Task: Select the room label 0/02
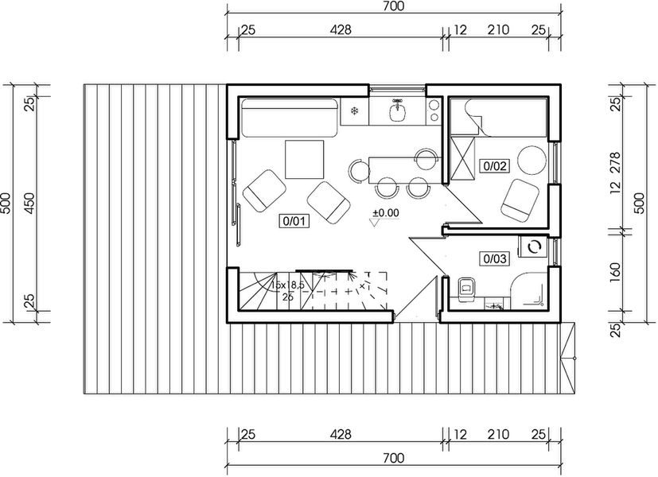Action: tap(493, 166)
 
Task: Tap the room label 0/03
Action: tap(493, 258)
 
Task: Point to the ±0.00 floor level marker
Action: tap(385, 212)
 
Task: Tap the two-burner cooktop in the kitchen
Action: tap(434, 111)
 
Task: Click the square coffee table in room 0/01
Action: tap(305, 160)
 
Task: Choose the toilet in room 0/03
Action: tap(466, 287)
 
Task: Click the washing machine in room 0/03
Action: tap(534, 247)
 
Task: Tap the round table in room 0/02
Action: tap(531, 161)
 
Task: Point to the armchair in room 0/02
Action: tap(520, 199)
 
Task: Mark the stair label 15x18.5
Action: tap(289, 284)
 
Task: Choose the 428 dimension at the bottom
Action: tap(341, 434)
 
